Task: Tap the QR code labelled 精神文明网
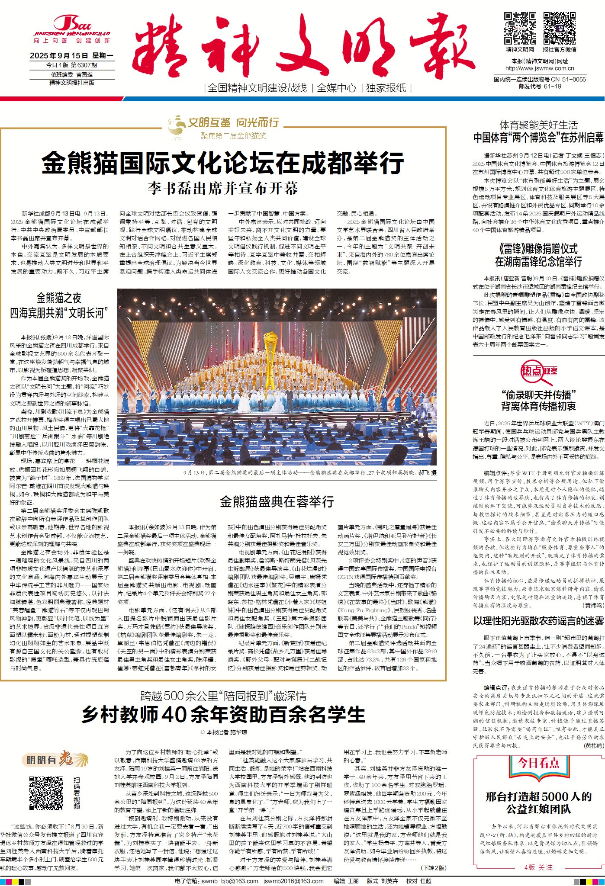pos(520,29)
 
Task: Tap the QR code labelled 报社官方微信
pos(559,29)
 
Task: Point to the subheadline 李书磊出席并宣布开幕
pos(223,189)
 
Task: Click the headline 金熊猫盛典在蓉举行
pos(277,502)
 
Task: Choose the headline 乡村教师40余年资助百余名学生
pos(223,714)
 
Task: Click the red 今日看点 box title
pos(538,762)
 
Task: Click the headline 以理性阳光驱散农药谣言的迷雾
pos(538,621)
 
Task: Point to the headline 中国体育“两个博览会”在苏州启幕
pos(538,138)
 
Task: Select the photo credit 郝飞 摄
pos(427,473)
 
